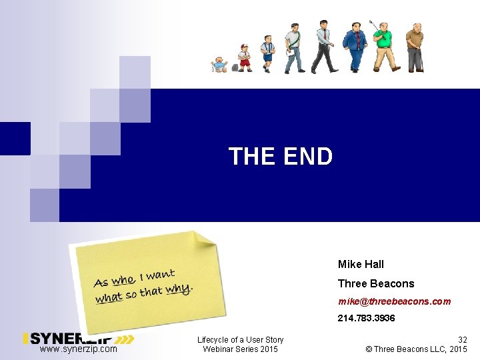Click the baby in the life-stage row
pos(219,65)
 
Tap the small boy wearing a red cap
pos(245,58)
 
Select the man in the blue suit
pos(354,47)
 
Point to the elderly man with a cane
pos(415,47)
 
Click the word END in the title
pos(307,157)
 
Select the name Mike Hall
pos(361,264)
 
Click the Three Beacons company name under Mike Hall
pos(375,283)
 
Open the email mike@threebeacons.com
pos(394,301)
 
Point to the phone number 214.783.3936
pos(366,319)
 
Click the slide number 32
pos(461,339)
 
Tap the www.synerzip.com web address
pos(78,349)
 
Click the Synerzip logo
pos(78,339)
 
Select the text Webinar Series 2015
pos(241,349)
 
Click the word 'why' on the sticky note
pos(178,289)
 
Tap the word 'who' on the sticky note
pos(123,280)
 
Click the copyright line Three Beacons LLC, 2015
pos(417,349)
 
